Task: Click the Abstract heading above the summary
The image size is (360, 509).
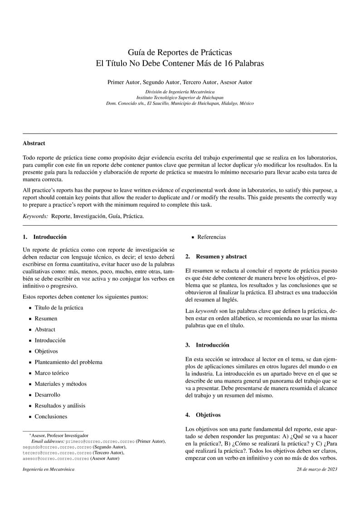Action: [34, 143]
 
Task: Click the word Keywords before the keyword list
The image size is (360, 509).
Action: [35, 216]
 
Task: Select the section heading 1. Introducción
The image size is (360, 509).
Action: [44, 237]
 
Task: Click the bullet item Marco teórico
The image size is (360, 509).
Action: [52, 373]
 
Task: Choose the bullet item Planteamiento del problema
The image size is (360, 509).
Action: [68, 362]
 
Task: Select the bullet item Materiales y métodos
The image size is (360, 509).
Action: [60, 384]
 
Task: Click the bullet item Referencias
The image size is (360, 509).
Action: [211, 237]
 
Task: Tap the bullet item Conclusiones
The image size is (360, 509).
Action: [51, 417]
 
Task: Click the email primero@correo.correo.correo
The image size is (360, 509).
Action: [100, 441]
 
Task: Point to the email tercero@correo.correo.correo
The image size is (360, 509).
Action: [57, 452]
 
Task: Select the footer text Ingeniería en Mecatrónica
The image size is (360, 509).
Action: [49, 469]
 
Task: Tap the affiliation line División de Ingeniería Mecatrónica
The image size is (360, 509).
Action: [180, 92]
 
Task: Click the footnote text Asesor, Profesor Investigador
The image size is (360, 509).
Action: [59, 435]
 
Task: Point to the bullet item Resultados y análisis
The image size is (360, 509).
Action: [60, 406]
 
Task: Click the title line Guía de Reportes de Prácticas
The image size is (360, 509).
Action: [180, 53]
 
